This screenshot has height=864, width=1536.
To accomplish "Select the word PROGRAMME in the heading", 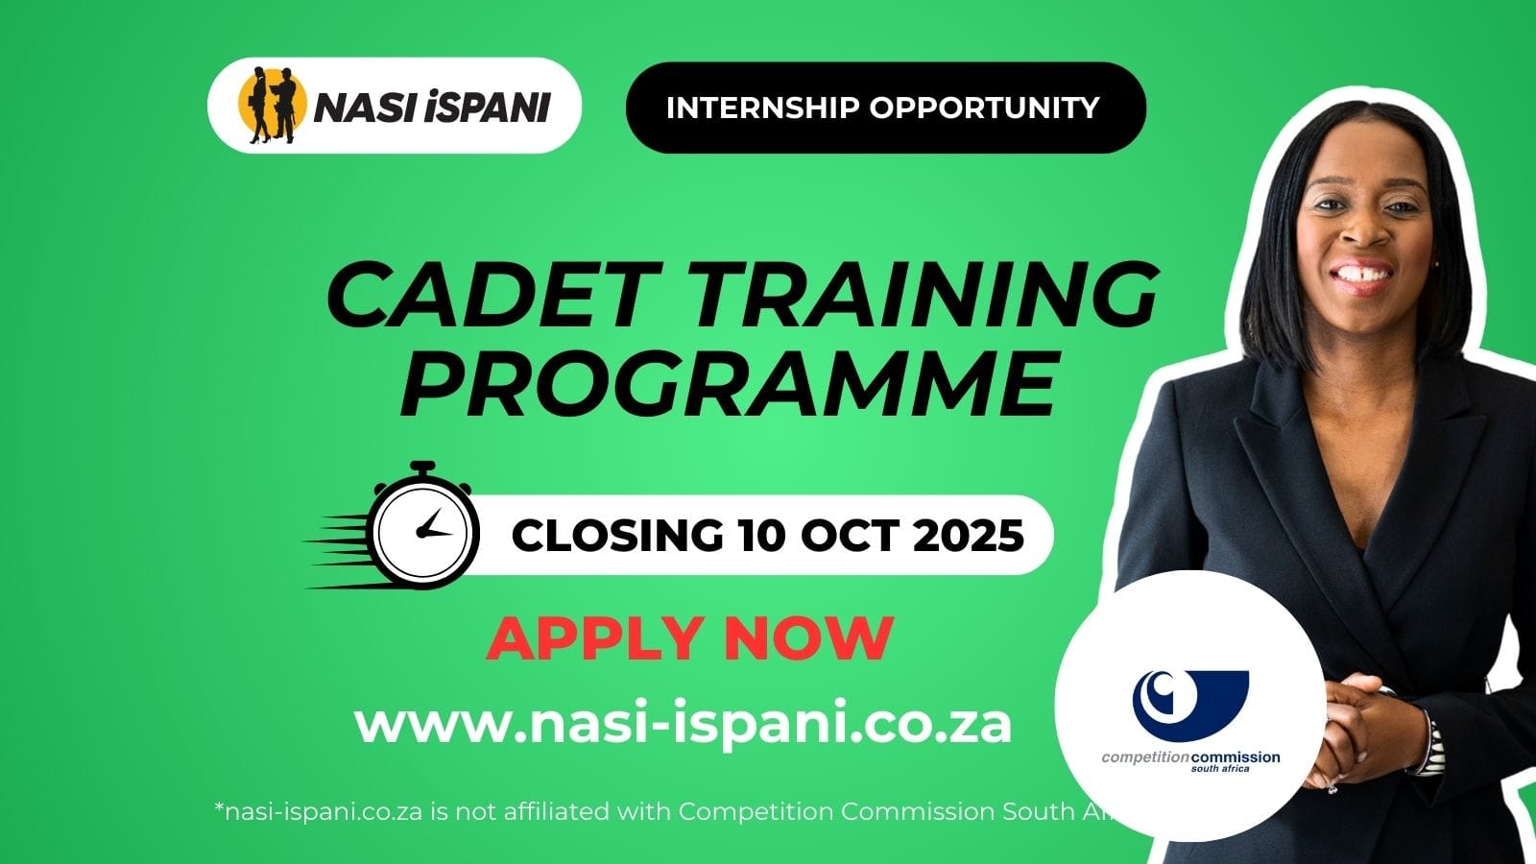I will point(730,385).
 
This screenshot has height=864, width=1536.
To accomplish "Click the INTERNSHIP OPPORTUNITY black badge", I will point(884,108).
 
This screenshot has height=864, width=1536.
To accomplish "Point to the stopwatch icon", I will point(422,527).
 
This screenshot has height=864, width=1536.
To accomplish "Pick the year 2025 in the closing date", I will point(968,535).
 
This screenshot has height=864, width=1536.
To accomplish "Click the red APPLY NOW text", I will point(690,638).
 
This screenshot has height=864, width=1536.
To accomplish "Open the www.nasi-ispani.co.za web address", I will point(683,724).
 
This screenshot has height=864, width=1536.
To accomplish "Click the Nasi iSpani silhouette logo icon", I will point(272,105).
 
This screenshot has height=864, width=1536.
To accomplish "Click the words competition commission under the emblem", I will point(1190,756).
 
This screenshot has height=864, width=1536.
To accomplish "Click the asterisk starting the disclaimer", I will point(219,809).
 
